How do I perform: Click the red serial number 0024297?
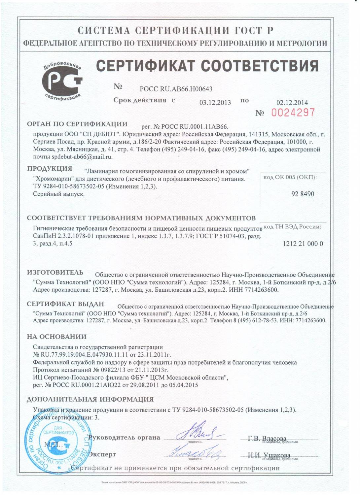click(293, 113)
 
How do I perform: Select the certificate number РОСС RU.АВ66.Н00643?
click(176, 89)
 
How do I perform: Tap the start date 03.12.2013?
click(215, 102)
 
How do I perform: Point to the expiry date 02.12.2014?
click(292, 102)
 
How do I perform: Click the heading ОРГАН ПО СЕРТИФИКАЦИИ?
click(77, 124)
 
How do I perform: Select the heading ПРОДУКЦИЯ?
click(50, 168)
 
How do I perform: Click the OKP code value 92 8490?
click(303, 194)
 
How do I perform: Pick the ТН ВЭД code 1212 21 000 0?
click(303, 244)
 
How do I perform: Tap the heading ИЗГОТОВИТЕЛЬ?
click(55, 273)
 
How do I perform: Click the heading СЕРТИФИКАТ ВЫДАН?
click(65, 304)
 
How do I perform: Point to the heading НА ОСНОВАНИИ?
click(56, 337)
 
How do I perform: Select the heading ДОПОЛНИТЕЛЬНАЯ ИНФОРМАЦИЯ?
click(90, 399)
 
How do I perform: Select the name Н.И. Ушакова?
click(269, 455)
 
